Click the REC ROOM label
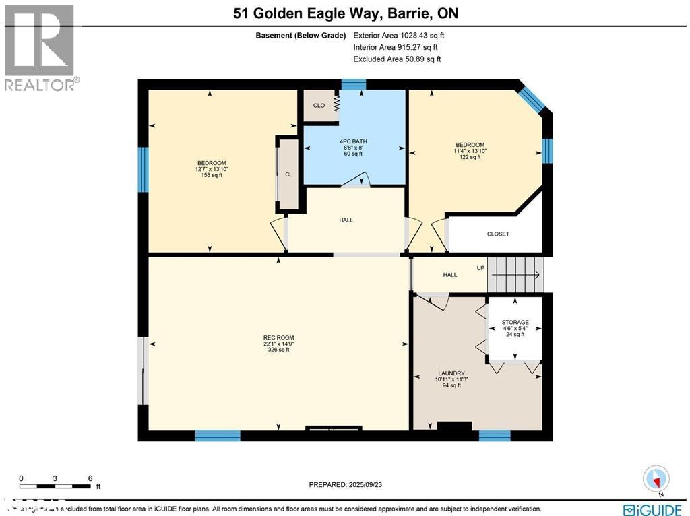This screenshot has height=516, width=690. click(x=278, y=337)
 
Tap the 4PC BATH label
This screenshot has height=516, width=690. click(x=353, y=141)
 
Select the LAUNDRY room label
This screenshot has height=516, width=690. click(x=450, y=373)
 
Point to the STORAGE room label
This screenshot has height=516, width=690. click(x=515, y=322)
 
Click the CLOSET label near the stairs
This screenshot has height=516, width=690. click(x=498, y=234)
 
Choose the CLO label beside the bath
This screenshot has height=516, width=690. click(x=319, y=106)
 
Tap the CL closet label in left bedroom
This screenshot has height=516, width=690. click(x=288, y=174)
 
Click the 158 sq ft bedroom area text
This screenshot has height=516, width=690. click(x=212, y=175)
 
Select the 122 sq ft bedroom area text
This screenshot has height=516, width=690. click(x=470, y=157)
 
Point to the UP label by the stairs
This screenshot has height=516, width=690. click(x=481, y=268)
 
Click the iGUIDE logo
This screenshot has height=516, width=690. click(x=652, y=509)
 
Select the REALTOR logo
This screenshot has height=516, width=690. click(x=40, y=47)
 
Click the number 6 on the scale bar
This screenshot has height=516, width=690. click(x=90, y=478)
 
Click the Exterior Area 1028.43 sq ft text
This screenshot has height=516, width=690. click(x=399, y=35)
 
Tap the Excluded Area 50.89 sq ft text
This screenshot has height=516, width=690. click(x=397, y=59)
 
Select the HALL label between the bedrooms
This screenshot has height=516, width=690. click(x=346, y=220)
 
